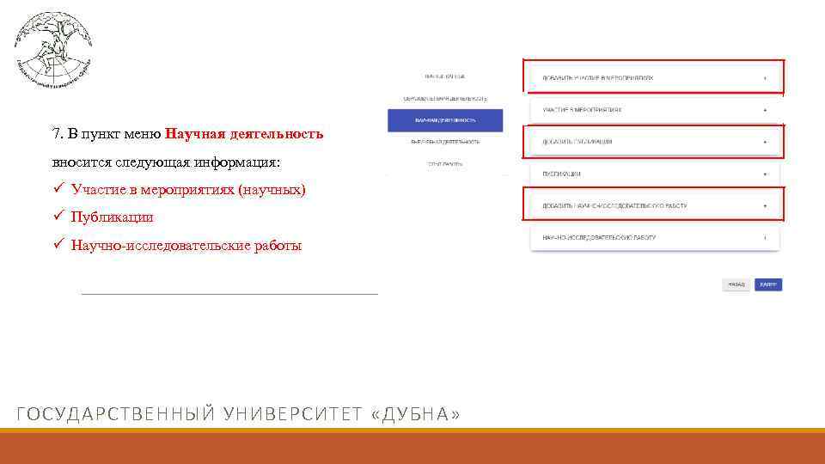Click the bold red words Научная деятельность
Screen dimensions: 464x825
[244, 134]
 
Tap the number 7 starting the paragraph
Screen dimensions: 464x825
[56, 134]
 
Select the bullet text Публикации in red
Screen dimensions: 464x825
[112, 217]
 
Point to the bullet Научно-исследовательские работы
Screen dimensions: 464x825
[186, 246]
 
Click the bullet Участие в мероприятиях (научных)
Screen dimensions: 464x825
[188, 189]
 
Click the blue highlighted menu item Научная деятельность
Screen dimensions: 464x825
[445, 120]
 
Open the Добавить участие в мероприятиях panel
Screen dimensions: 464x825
[653, 77]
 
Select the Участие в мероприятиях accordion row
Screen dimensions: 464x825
[653, 110]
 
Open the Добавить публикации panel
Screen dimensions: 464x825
[653, 142]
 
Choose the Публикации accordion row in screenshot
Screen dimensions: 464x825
[653, 174]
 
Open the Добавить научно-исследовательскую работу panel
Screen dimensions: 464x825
[653, 206]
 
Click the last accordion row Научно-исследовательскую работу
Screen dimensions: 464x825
[653, 237]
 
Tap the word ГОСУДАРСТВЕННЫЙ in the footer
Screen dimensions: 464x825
[114, 415]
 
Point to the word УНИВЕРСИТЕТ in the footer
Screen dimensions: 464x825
[291, 415]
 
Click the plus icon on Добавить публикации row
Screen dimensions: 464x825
[764, 142]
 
